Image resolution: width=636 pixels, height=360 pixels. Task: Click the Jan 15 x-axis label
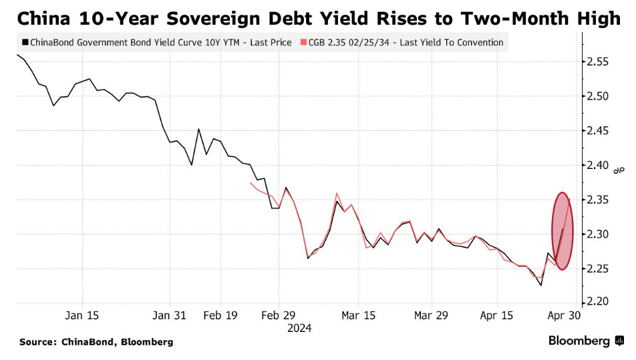pos(83,315)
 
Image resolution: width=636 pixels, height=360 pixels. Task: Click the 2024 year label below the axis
pos(299,328)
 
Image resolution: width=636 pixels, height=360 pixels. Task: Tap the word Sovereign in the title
pos(226,19)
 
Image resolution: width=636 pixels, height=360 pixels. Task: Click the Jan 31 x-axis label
pos(170,315)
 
